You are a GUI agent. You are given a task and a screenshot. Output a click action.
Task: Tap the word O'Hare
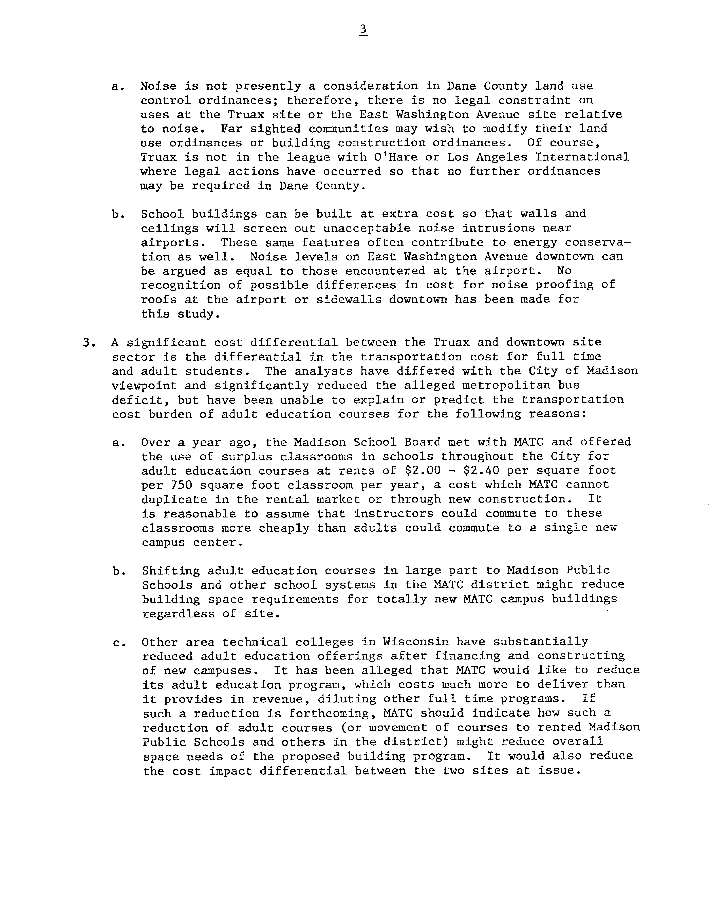(396, 157)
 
